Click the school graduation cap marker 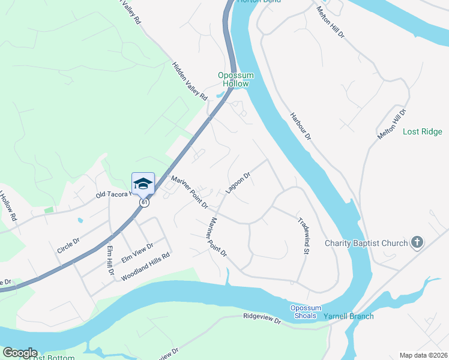click(143, 182)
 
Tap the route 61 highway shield click(145, 203)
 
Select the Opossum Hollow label click(235, 79)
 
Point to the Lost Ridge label click(422, 131)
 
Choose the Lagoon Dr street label click(238, 183)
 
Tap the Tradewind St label click(303, 235)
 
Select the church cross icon click(417, 243)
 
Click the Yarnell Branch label click(349, 316)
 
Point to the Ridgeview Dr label click(262, 318)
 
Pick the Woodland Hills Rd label click(146, 267)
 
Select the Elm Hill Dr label click(110, 260)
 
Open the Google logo click(20, 352)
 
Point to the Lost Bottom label click(53, 358)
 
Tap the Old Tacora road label click(113, 195)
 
